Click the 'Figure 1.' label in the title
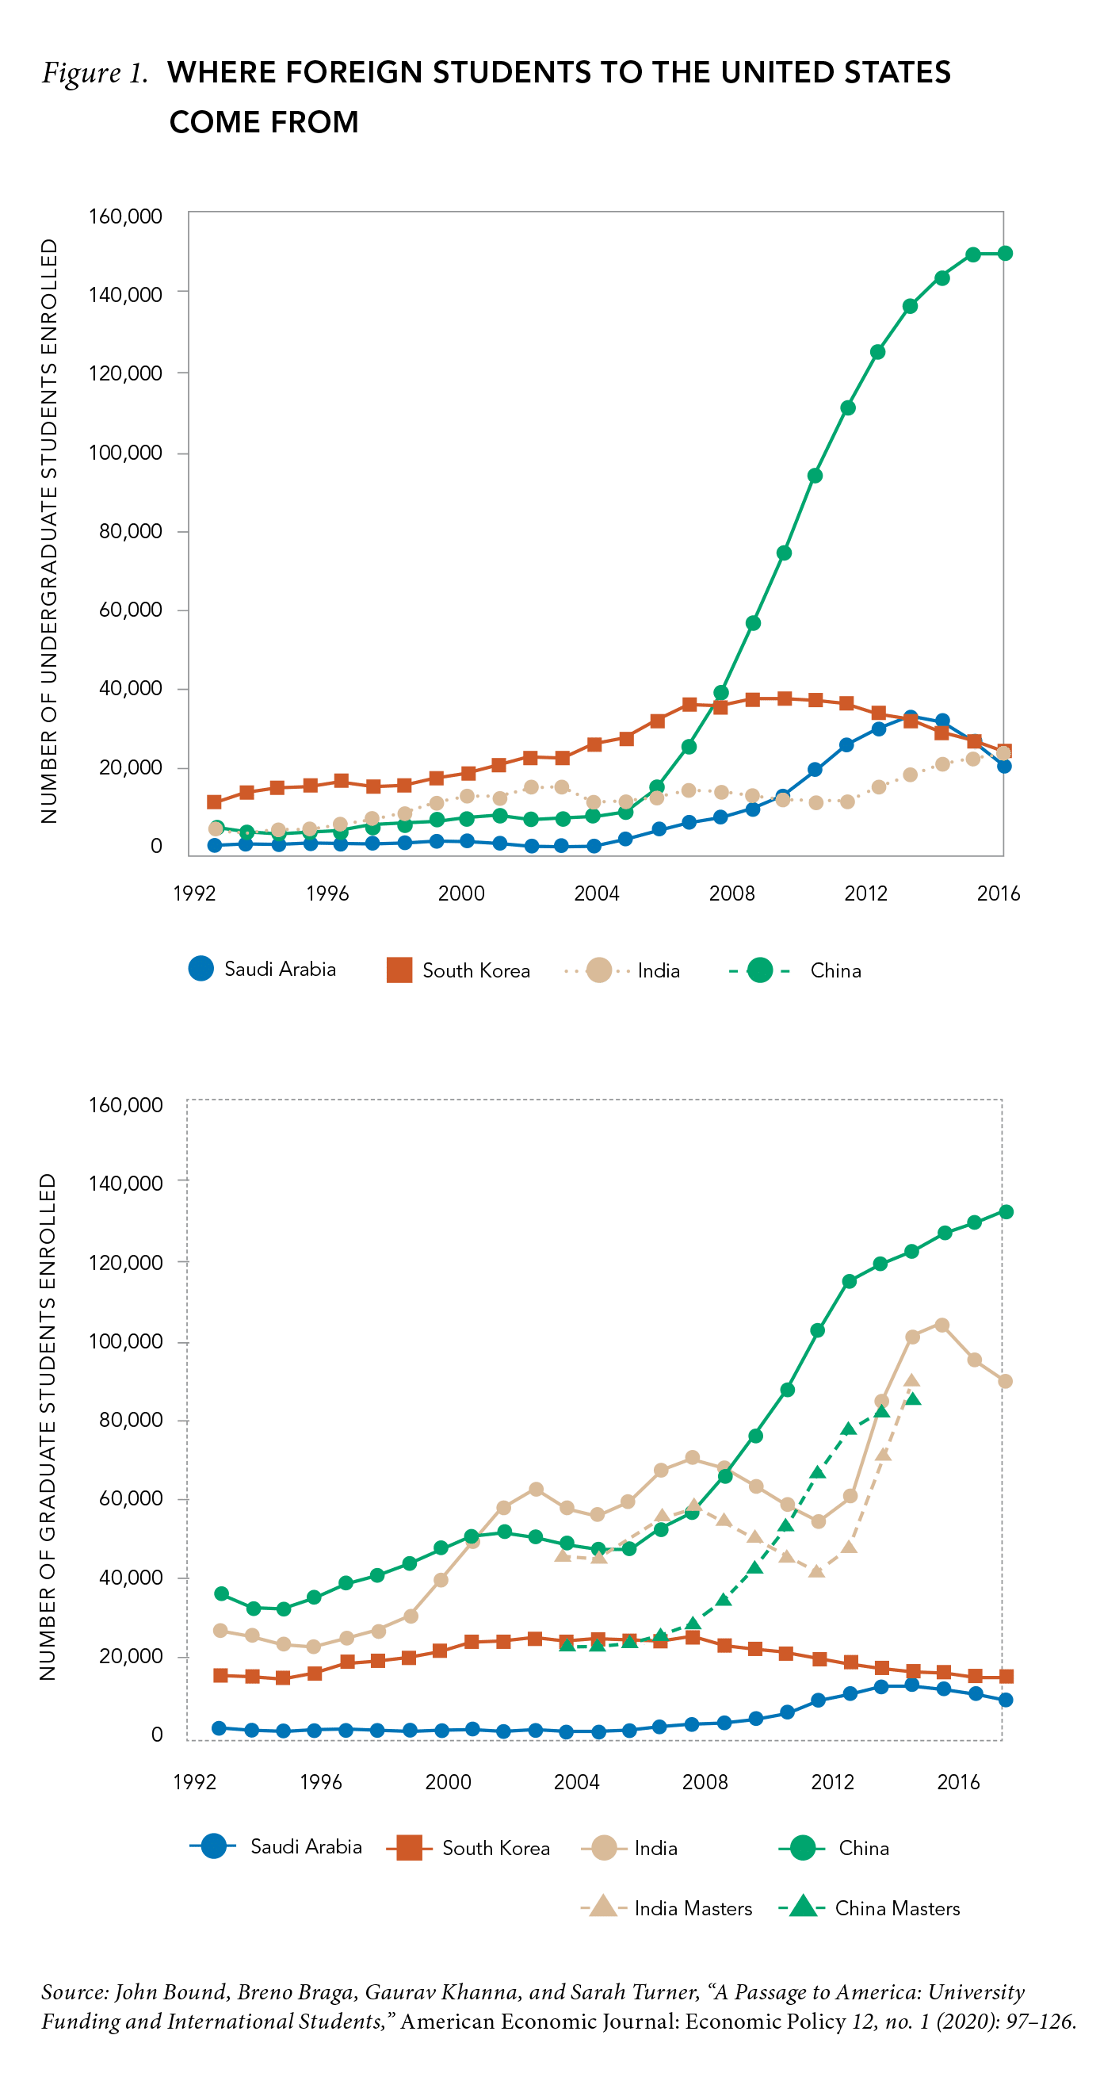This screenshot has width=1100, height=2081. click(94, 74)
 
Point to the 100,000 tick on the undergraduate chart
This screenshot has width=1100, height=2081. click(125, 453)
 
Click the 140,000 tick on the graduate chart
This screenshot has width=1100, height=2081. click(125, 1183)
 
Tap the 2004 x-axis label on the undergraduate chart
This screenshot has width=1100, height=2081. click(596, 893)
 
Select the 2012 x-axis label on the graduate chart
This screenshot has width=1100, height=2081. click(832, 1781)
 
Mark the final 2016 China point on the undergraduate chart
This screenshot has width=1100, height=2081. click(1005, 254)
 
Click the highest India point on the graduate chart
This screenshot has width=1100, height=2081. click(941, 1325)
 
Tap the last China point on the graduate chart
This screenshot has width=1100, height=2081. click(1006, 1212)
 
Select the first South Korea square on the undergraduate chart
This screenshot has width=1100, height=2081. click(214, 802)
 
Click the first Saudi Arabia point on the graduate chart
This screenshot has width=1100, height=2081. click(219, 1728)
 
